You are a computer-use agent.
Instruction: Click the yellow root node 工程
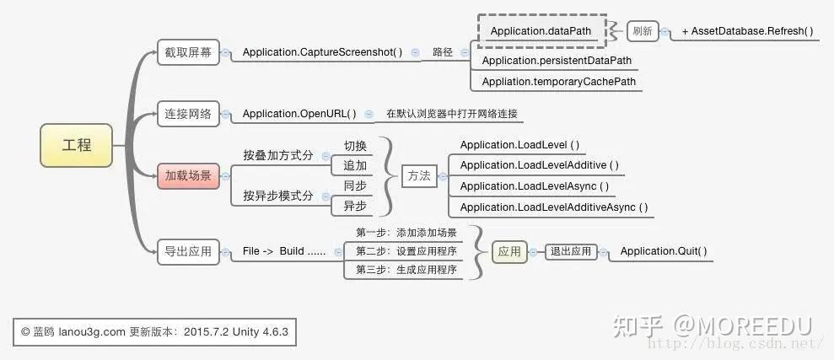77,145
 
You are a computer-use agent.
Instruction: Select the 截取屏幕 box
188,52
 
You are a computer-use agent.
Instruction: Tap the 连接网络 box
188,114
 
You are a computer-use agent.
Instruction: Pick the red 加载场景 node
188,176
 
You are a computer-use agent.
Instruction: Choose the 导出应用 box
188,251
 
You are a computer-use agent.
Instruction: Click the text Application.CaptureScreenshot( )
322,52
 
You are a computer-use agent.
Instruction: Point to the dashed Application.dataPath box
541,31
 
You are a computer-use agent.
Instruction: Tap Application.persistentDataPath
557,61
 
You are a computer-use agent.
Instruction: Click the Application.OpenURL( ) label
299,114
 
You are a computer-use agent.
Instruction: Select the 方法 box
419,176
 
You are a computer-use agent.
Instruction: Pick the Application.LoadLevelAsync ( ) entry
535,186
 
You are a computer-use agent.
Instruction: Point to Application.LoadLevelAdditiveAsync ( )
554,207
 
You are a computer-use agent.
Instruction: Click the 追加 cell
355,165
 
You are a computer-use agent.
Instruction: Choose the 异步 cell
355,207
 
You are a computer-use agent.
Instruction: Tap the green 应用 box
509,251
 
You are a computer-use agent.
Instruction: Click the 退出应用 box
571,251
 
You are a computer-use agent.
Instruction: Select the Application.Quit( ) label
664,251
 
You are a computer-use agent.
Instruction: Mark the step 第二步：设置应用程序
406,251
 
